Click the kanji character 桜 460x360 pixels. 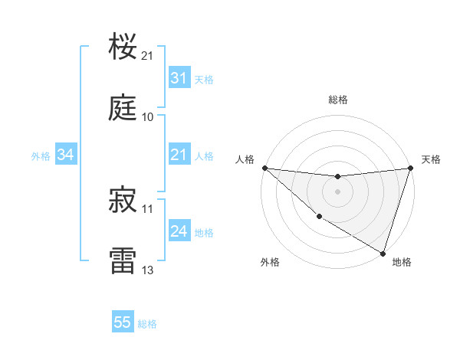[x=123, y=47]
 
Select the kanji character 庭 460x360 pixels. [x=123, y=108]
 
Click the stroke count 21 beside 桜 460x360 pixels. [x=148, y=56]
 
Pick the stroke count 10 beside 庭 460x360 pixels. [x=148, y=117]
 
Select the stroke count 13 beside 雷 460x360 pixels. [x=148, y=270]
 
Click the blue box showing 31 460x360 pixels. [x=179, y=78]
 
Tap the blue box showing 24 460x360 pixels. [x=179, y=231]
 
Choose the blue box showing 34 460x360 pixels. [x=66, y=155]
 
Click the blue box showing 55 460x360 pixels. [x=123, y=322]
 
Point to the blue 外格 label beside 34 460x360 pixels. [x=41, y=155]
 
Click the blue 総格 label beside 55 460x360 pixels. [x=147, y=324]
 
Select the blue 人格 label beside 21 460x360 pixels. [x=204, y=155]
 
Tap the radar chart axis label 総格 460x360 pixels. [x=338, y=100]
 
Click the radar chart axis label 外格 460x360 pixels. [x=270, y=262]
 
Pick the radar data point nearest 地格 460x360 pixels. [x=383, y=253]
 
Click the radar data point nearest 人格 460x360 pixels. [x=264, y=168]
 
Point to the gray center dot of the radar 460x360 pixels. [x=337, y=191]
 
